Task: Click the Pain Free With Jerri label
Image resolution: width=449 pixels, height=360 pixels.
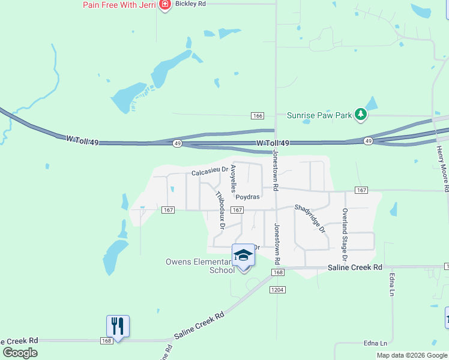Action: pyautogui.click(x=119, y=5)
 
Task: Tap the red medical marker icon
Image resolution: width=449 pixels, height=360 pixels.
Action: pyautogui.click(x=165, y=5)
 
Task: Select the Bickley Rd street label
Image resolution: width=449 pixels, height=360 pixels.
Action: pyautogui.click(x=190, y=4)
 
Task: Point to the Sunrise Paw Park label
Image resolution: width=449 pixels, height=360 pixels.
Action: pyautogui.click(x=318, y=115)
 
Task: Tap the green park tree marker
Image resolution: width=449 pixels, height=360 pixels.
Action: pyautogui.click(x=360, y=114)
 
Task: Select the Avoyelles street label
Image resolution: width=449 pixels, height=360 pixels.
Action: pyautogui.click(x=234, y=179)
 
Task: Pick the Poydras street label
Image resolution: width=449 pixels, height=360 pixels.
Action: pyautogui.click(x=247, y=197)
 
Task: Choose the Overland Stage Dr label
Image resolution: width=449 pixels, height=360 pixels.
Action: pyautogui.click(x=345, y=230)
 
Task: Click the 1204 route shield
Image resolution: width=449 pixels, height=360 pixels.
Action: pyautogui.click(x=277, y=290)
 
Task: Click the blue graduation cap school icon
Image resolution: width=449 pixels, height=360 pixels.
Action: pyautogui.click(x=243, y=254)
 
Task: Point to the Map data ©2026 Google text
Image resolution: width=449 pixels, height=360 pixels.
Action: pyautogui.click(x=412, y=355)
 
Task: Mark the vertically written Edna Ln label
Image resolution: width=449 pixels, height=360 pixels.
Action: pyautogui.click(x=392, y=284)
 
